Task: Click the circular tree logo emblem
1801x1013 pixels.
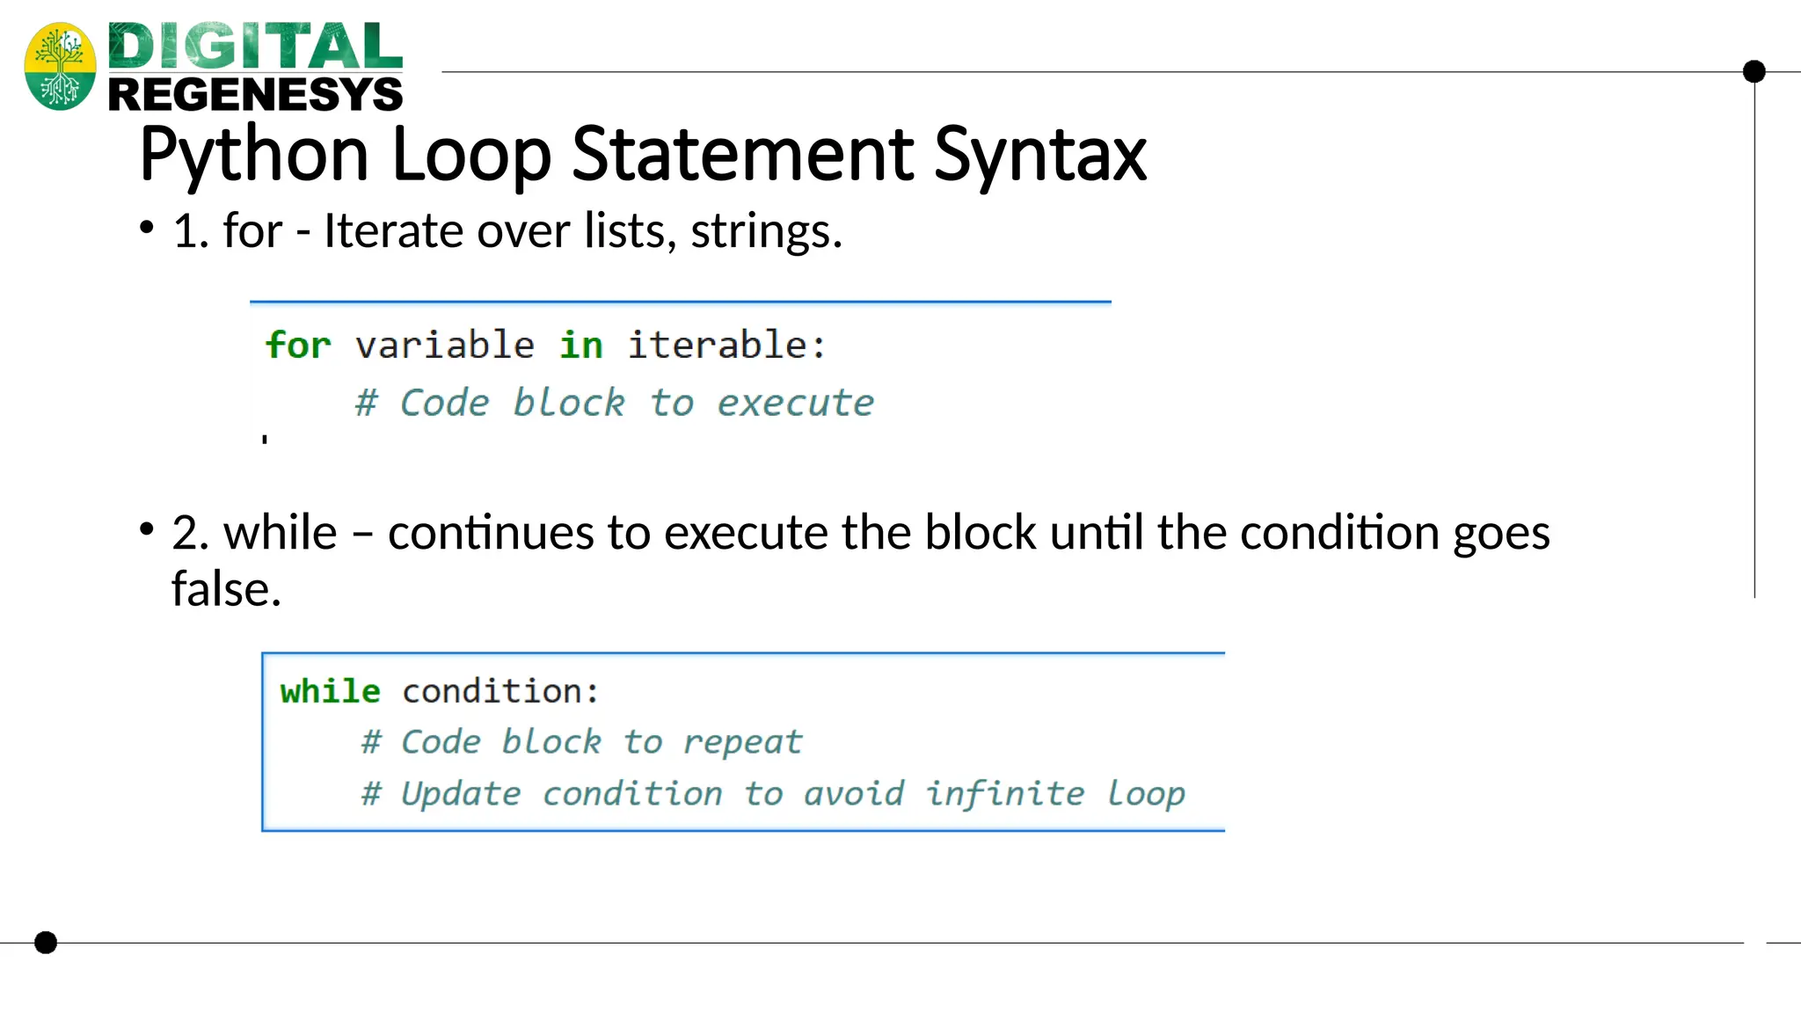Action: [60, 66]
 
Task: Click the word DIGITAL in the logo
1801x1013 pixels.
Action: [255, 47]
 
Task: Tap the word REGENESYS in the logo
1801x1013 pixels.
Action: [255, 94]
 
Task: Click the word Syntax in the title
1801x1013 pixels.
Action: [1040, 156]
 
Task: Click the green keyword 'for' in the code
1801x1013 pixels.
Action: [298, 345]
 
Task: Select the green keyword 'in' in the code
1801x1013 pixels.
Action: [581, 345]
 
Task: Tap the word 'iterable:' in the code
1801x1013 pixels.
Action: [726, 345]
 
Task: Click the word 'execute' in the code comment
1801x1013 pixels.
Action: [795, 403]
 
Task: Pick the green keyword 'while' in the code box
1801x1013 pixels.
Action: [330, 691]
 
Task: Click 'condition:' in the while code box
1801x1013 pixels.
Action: [500, 691]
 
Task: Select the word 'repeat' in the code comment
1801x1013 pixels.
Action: [743, 742]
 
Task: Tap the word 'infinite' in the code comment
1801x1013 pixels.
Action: [1005, 793]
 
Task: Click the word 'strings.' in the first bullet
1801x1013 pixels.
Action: [766, 231]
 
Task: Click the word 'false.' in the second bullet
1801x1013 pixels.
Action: [226, 589]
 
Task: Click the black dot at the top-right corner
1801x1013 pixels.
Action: [1754, 71]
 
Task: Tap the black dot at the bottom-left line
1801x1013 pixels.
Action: [46, 943]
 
